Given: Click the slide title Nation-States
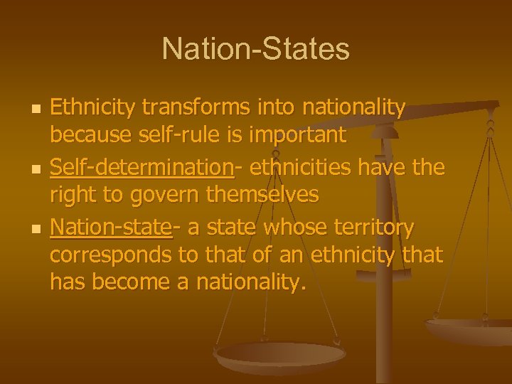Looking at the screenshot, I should coord(256,49).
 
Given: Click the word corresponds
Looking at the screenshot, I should coord(111,253).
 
